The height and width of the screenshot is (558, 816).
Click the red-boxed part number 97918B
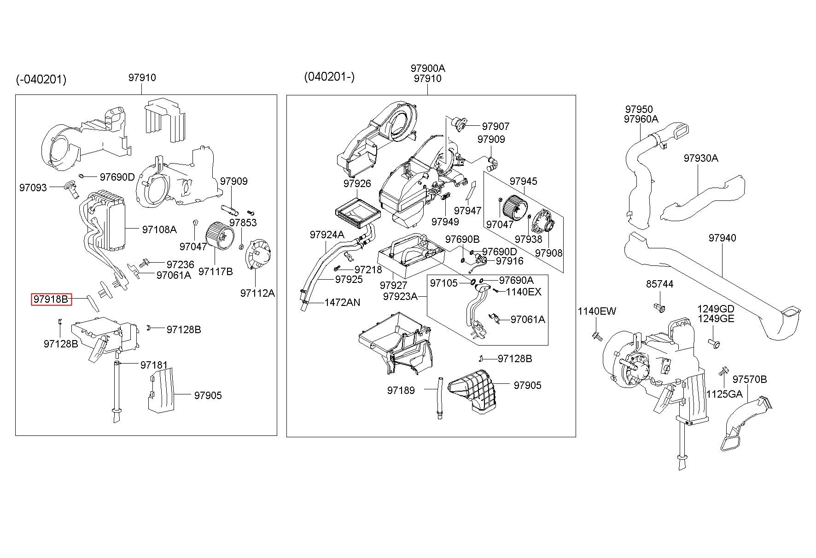[51, 300]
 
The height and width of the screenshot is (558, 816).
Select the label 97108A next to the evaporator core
[159, 229]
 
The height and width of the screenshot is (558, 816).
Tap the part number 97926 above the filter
[357, 184]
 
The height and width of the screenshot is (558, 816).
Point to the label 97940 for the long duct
[723, 238]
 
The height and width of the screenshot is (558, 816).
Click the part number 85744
[660, 284]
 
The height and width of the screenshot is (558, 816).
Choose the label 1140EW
[597, 312]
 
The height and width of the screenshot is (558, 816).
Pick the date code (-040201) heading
[41, 80]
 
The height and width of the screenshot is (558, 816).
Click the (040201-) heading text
[329, 76]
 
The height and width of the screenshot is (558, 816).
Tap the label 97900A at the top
[428, 68]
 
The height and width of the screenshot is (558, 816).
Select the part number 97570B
[750, 379]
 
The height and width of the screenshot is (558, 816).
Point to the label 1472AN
[342, 303]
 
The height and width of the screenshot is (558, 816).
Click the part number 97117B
[216, 272]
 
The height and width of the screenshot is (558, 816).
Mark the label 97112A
[257, 293]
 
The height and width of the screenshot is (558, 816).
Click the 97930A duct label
[701, 159]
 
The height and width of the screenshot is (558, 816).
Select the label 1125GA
[724, 394]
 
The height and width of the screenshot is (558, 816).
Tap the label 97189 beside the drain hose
[401, 391]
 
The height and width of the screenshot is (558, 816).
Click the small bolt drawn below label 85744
[659, 307]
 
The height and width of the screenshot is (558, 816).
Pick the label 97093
[33, 188]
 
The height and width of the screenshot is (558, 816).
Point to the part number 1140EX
[524, 292]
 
